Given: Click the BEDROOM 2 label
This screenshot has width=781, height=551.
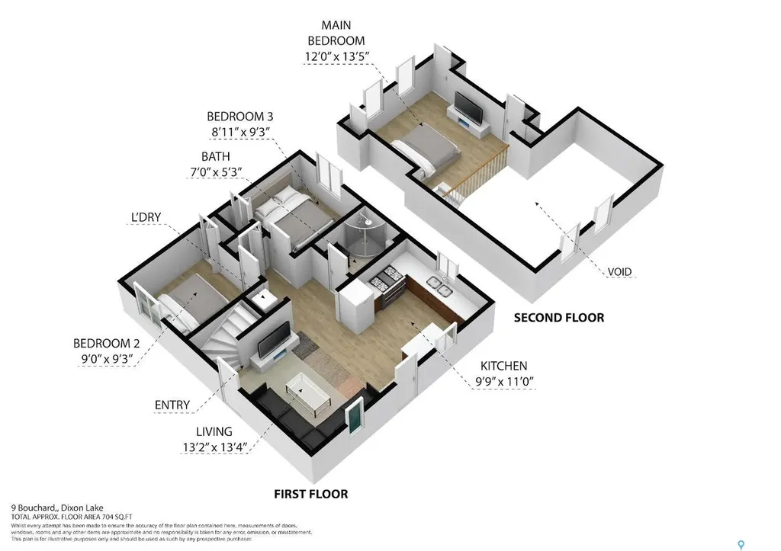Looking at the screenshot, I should pyautogui.click(x=104, y=342).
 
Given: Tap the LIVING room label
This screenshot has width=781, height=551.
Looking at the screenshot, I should pyautogui.click(x=213, y=431).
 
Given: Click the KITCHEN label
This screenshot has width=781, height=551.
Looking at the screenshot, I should pyautogui.click(x=503, y=366).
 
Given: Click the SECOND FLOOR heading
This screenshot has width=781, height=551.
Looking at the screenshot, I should pyautogui.click(x=558, y=318).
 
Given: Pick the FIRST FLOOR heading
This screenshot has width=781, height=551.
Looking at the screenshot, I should pyautogui.click(x=310, y=494).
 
